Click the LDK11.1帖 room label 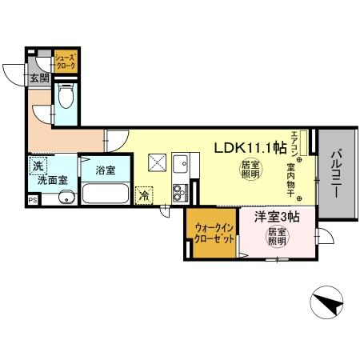tap(250, 147)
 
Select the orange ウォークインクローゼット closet tap(211, 233)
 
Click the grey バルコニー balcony tap(337, 176)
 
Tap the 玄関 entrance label tap(39, 78)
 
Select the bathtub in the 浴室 tap(105, 194)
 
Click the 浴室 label tap(105, 170)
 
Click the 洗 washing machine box tap(37, 166)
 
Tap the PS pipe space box tap(33, 200)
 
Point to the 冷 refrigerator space tap(145, 194)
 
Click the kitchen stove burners tap(179, 191)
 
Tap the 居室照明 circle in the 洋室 tap(277, 238)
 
